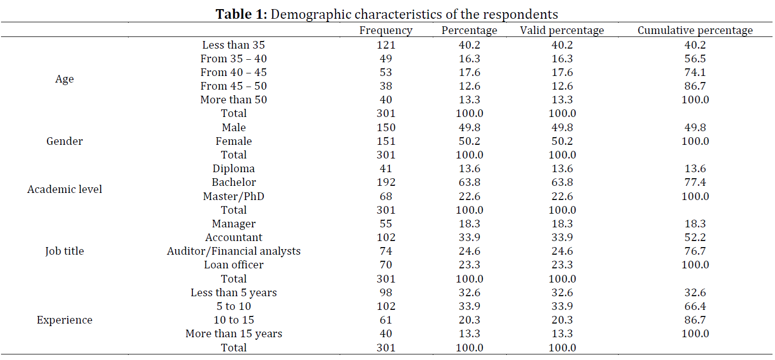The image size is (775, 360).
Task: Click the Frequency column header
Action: point(386,30)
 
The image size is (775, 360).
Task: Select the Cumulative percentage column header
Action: point(695,30)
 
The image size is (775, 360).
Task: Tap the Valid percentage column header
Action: point(562,30)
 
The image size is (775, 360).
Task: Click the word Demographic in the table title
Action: point(310,15)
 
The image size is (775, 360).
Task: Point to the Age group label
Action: point(64,79)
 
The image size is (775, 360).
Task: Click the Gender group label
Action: point(64,141)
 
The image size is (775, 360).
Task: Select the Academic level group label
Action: point(64,189)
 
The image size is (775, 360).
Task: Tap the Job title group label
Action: point(64,251)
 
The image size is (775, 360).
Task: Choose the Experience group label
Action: point(64,320)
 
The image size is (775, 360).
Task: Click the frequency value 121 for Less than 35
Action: point(386,45)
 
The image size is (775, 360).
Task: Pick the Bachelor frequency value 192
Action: point(386,182)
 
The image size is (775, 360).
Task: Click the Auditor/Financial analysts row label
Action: point(233,251)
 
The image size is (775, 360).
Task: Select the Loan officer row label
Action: point(233,265)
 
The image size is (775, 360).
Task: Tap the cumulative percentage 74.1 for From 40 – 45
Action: point(695,72)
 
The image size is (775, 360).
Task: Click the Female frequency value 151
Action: point(386,141)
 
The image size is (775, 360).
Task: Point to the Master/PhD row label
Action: point(233,196)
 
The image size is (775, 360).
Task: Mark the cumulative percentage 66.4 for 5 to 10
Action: point(695,306)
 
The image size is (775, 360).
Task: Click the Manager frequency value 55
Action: point(386,224)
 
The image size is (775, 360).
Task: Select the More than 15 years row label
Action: point(233,334)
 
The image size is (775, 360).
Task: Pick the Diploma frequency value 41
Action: point(386,169)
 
